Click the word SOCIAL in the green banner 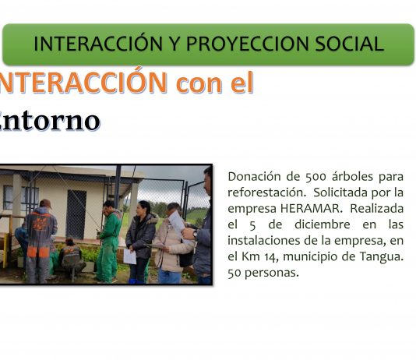pos(350,44)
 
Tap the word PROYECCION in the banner pos(248,44)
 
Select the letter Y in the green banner pos(175,44)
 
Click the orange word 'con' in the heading pos(199,83)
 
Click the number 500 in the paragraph pos(316,177)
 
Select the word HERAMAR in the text pos(310,209)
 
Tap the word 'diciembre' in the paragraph pos(322,224)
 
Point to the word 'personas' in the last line pos(271,273)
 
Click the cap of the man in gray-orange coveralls pos(45,203)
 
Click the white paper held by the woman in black pos(130,256)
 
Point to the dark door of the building pos(76,214)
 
